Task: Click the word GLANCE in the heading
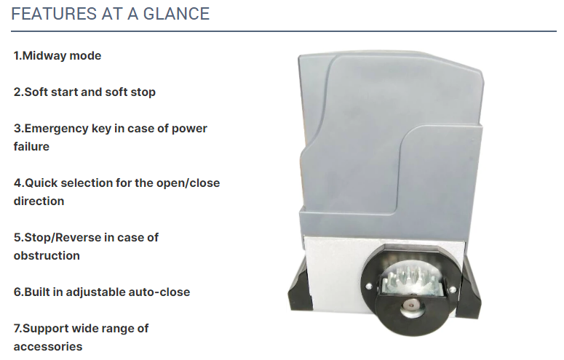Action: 176,14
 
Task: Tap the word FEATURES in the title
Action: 54,14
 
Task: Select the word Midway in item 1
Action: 44,56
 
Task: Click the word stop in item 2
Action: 143,92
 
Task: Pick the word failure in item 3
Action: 31,147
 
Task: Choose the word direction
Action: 39,201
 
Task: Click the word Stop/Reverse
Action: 63,237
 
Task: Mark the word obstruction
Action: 47,256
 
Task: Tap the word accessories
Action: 48,347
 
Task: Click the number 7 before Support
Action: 17,328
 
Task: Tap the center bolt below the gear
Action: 410,305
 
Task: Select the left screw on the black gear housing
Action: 368,287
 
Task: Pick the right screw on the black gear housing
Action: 452,289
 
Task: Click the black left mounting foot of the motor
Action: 298,288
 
